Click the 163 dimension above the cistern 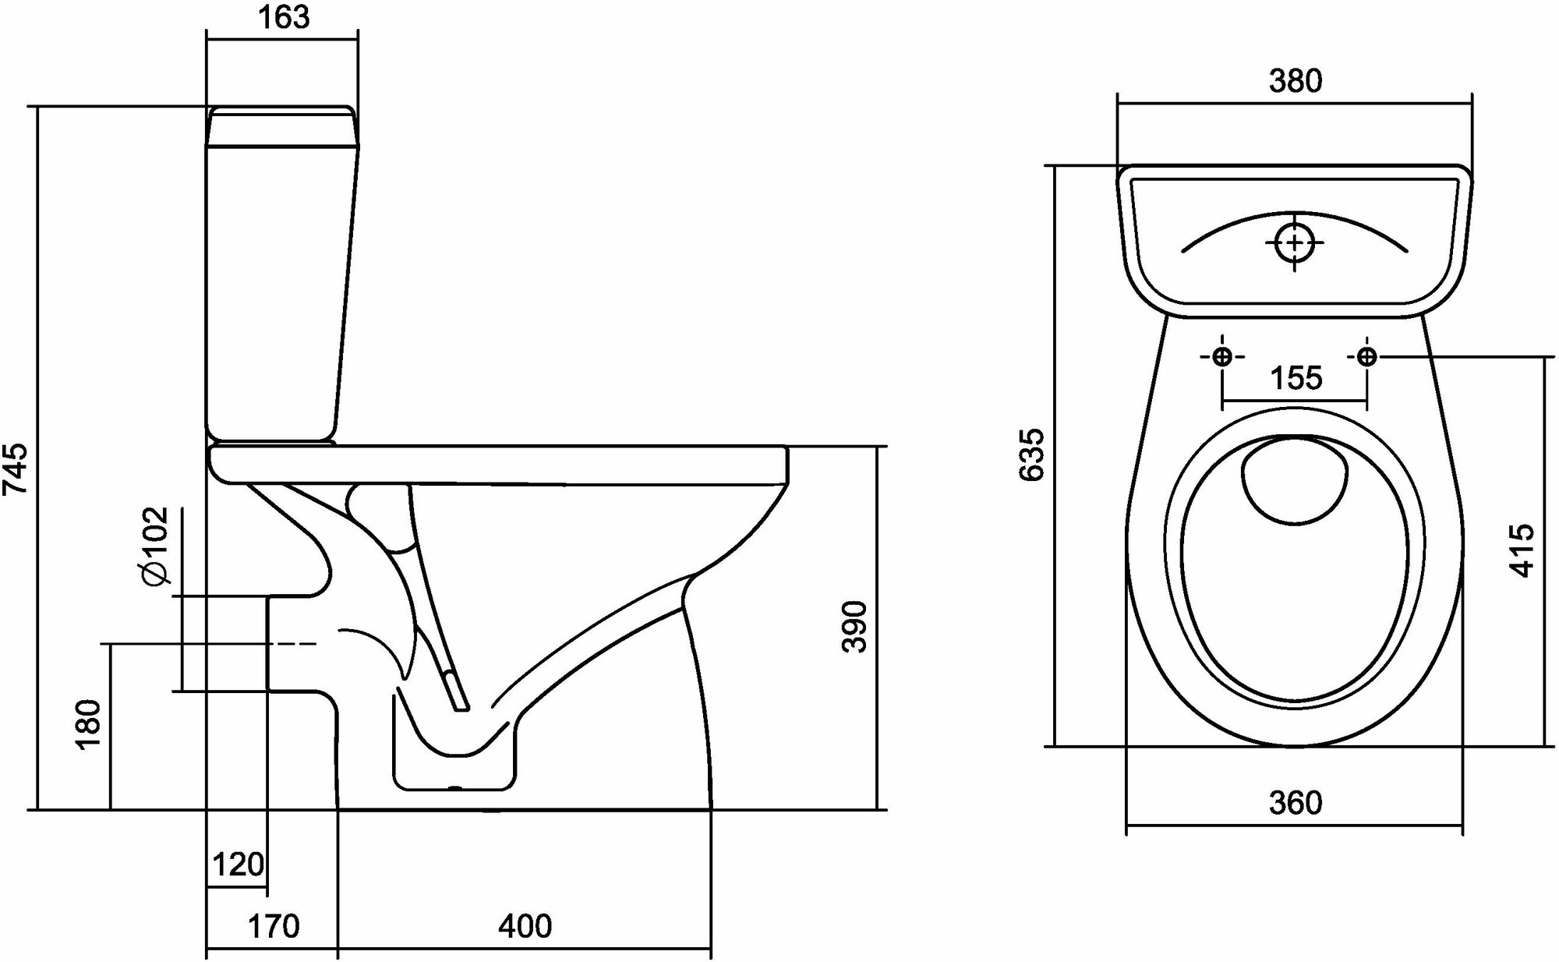[x=283, y=17]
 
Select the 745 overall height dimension [x=16, y=468]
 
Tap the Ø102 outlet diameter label [x=154, y=545]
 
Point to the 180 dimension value [x=89, y=723]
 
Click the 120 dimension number [x=238, y=865]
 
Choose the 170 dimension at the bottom [x=273, y=926]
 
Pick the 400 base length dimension [x=525, y=926]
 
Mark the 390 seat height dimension [x=856, y=626]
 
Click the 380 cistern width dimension [x=1296, y=81]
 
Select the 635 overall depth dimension [x=1033, y=454]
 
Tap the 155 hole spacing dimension [x=1296, y=378]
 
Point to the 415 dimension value [x=1522, y=550]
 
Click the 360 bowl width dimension [x=1295, y=803]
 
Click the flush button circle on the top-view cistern [x=1295, y=242]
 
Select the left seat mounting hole [x=1222, y=357]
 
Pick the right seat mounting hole [x=1366, y=357]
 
